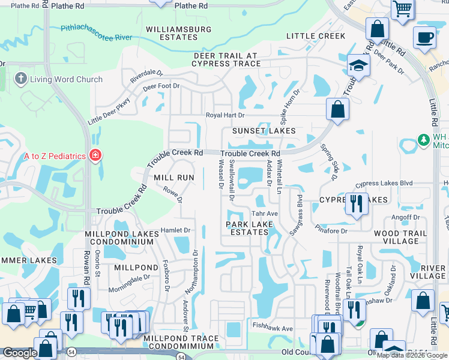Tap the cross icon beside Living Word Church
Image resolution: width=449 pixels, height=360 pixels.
20,79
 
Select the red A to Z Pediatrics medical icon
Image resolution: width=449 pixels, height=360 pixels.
95,156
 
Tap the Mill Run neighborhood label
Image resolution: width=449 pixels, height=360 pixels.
174,178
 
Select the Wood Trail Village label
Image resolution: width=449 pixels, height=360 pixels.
400,237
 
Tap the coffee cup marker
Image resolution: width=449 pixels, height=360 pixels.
424,37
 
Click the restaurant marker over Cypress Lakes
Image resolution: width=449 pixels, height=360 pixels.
357,204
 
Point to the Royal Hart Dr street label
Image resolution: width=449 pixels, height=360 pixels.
226,115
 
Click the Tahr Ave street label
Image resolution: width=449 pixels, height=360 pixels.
264,214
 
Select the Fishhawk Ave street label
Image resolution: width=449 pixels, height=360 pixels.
273,328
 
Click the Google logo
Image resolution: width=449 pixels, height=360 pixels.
19,353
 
